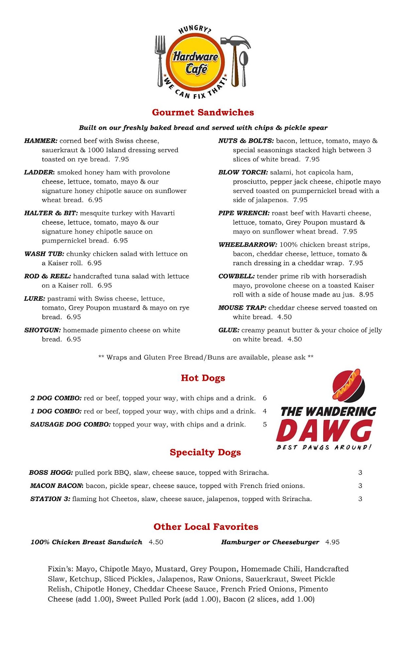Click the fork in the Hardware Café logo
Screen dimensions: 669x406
click(x=161, y=60)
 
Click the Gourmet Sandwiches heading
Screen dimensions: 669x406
click(x=203, y=112)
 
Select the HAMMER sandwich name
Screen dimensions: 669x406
click(x=41, y=141)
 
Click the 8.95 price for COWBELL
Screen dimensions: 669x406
click(x=366, y=295)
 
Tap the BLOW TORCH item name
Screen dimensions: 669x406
click(x=243, y=172)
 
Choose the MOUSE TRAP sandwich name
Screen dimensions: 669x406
click(x=242, y=308)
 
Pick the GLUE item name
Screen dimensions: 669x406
click(x=229, y=330)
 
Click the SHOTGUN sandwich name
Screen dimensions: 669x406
click(x=42, y=330)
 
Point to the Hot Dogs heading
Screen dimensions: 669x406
click(x=203, y=378)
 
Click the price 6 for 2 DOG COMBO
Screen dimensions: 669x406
click(x=265, y=398)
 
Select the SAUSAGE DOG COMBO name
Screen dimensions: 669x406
click(x=70, y=424)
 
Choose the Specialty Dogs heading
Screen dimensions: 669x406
click(x=205, y=452)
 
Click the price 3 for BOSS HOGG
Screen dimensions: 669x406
click(x=360, y=473)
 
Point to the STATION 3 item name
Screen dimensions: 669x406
click(x=50, y=499)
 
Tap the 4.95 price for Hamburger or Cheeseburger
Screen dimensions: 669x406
click(x=332, y=542)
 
